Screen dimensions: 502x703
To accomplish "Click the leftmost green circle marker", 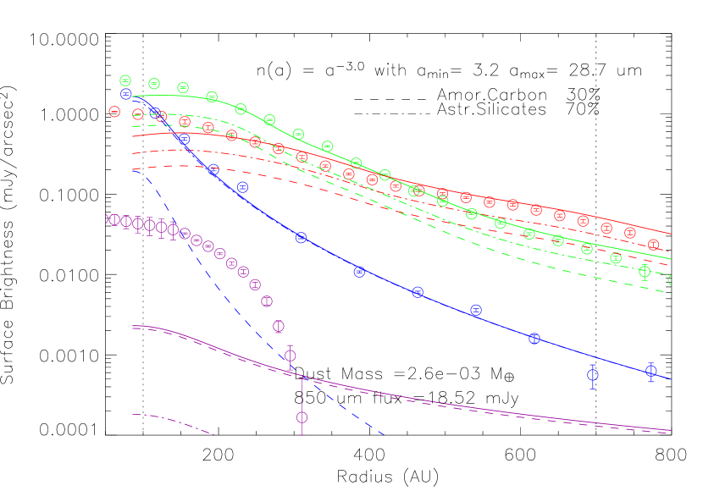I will pyautogui.click(x=125, y=80).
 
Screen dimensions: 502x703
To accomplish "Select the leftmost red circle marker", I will pyautogui.click(x=114, y=111).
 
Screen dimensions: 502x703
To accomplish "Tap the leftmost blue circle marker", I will pyautogui.click(x=125, y=94).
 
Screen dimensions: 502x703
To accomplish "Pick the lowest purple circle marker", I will pyautogui.click(x=302, y=417).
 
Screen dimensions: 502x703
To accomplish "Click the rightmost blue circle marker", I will pyautogui.click(x=651, y=371).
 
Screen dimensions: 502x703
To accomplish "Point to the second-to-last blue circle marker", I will pyautogui.click(x=593, y=374).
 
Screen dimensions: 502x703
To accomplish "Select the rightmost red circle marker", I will pyautogui.click(x=653, y=244).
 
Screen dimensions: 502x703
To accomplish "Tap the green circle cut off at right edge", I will pyautogui.click(x=673, y=280).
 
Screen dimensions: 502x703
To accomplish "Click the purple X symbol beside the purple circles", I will pyautogui.click(x=108, y=219).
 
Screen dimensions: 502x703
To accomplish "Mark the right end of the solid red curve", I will pyautogui.click(x=672, y=234).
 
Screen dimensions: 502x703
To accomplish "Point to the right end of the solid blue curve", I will pyautogui.click(x=672, y=378).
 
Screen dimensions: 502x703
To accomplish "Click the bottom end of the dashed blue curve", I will pyautogui.click(x=385, y=435).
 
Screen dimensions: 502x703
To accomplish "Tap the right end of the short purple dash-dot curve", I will pyautogui.click(x=213, y=434).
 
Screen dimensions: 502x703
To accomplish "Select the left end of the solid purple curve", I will pyautogui.click(x=132, y=326).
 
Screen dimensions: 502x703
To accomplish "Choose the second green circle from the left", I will pyautogui.click(x=154, y=83).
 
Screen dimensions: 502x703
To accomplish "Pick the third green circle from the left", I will pyautogui.click(x=183, y=87).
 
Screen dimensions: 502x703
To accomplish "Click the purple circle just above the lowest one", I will pyautogui.click(x=291, y=356).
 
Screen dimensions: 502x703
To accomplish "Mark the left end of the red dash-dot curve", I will pyautogui.click(x=132, y=153).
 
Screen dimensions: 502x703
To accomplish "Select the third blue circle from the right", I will pyautogui.click(x=534, y=339).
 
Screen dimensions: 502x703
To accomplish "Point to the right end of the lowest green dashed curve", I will pyautogui.click(x=672, y=293).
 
